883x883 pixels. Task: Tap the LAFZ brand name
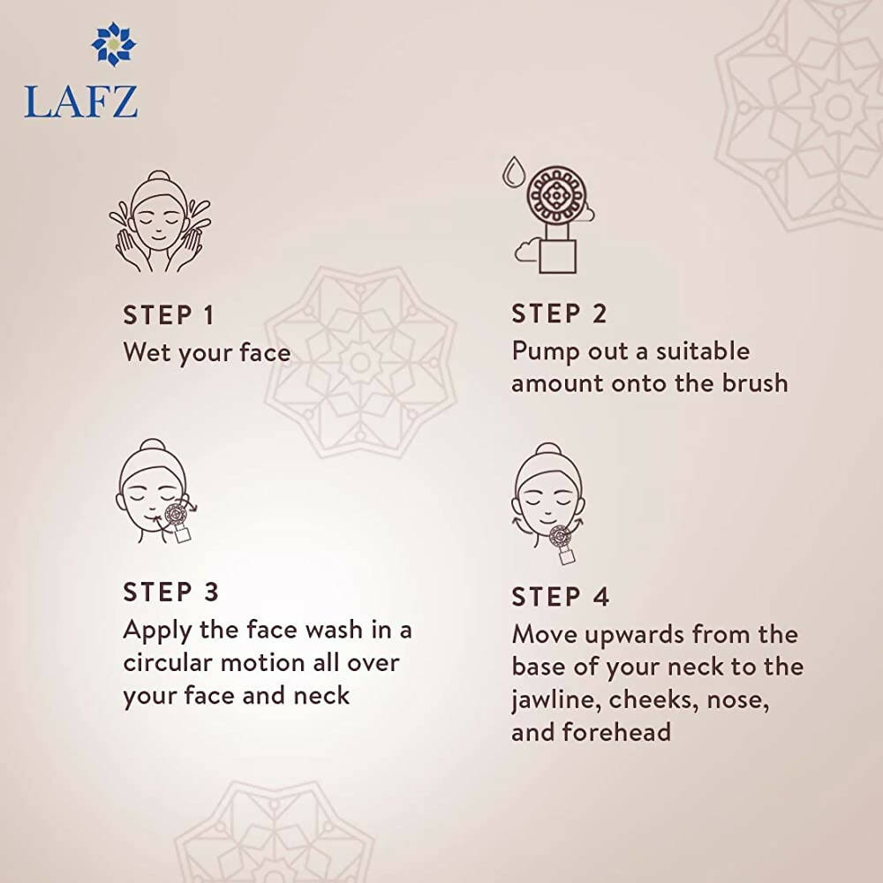click(81, 101)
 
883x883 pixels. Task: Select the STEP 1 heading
click(169, 315)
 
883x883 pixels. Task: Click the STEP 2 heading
click(559, 313)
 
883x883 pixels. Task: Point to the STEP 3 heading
click(170, 592)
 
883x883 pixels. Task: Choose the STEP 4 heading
click(561, 596)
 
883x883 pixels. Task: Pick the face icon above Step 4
click(547, 499)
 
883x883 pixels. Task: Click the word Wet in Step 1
click(146, 352)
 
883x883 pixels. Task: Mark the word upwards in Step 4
click(633, 635)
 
